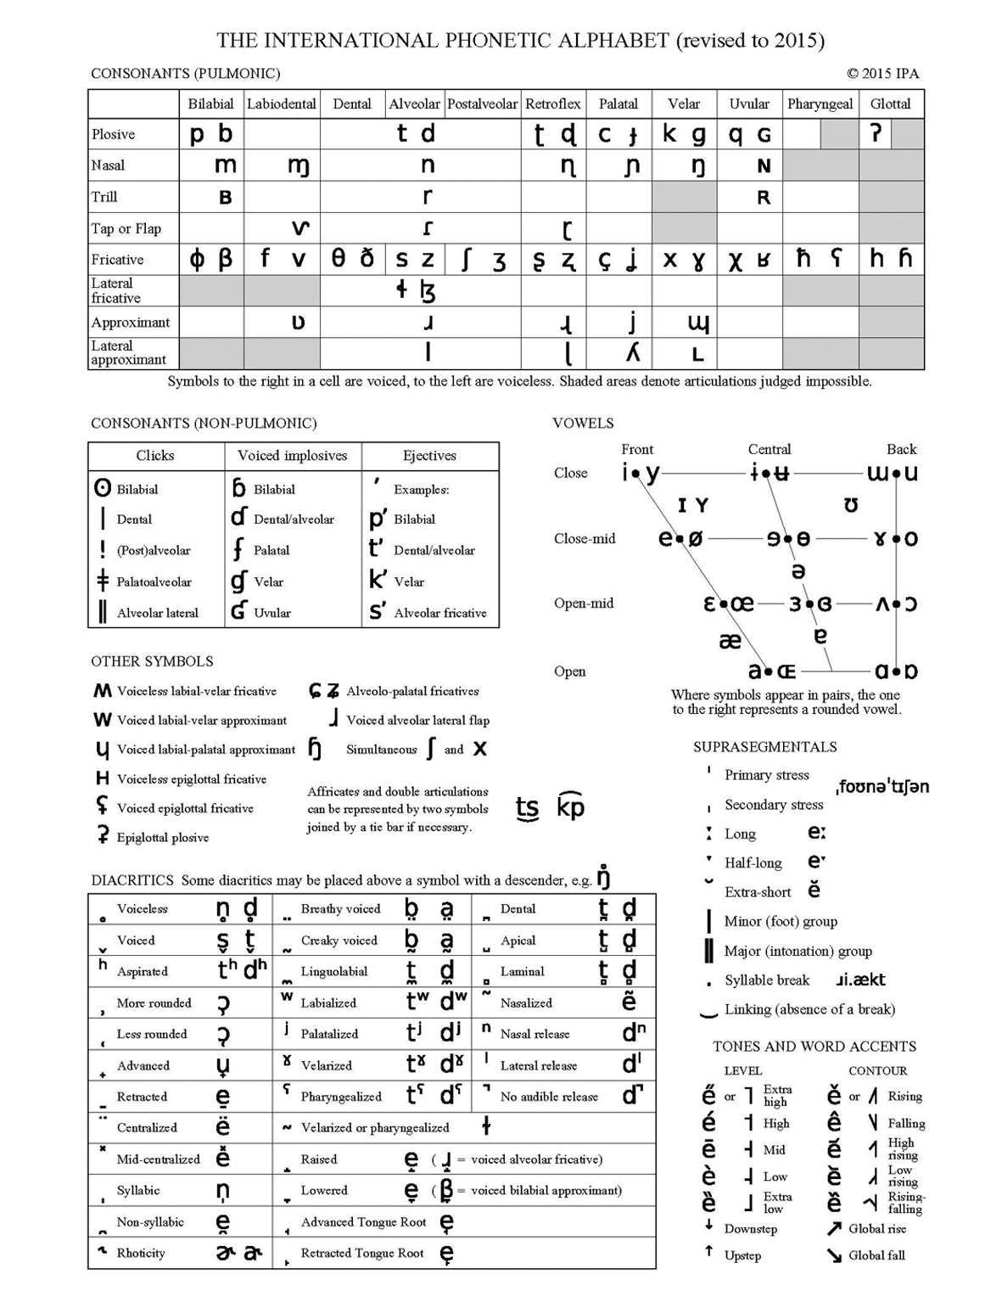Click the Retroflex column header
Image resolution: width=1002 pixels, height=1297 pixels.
[553, 104]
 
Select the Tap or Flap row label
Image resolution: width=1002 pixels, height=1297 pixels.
[126, 228]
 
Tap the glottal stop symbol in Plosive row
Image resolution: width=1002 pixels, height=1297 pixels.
[876, 133]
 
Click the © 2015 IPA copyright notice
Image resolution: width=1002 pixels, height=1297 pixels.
[882, 73]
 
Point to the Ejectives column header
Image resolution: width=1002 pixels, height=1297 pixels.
[429, 456]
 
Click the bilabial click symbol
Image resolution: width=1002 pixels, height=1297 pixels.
[103, 488]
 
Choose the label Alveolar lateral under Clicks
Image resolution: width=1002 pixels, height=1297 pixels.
[157, 613]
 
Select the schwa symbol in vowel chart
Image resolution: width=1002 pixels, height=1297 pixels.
[798, 570]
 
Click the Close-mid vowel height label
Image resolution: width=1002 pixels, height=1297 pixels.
[585, 538]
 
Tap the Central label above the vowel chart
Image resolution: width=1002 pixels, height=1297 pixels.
[769, 449]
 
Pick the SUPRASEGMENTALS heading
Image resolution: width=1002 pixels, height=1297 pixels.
[764, 747]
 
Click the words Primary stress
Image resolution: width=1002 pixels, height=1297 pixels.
[766, 775]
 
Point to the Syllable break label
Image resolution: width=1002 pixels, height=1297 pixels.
[767, 980]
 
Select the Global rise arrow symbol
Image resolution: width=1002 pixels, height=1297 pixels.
[834, 1228]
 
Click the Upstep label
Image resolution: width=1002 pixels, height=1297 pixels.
[742, 1255]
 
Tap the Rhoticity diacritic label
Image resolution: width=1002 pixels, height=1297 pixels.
[141, 1253]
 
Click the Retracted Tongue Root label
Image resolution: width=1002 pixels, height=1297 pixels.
[362, 1253]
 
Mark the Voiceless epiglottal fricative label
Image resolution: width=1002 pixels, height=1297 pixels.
[192, 779]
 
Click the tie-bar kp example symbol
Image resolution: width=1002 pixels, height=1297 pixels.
[571, 806]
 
